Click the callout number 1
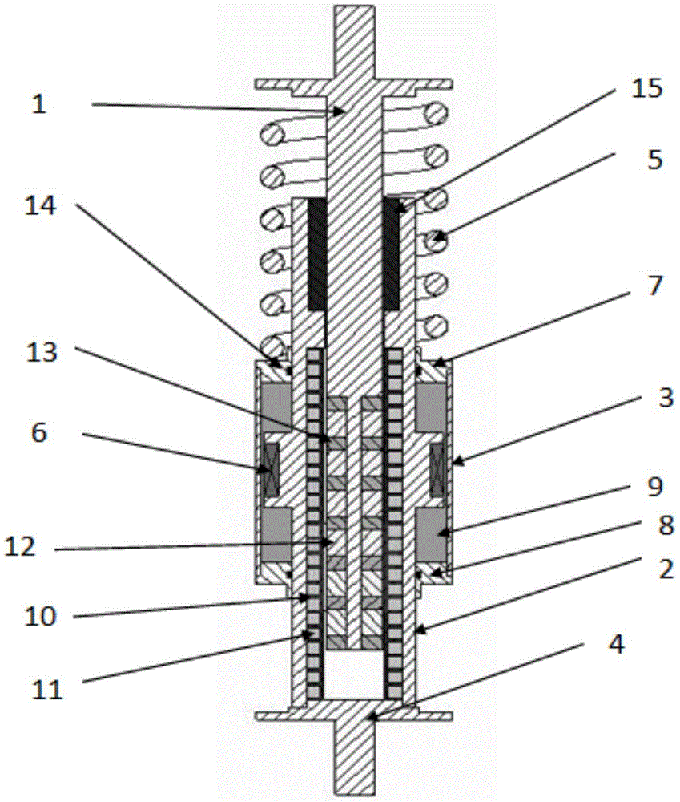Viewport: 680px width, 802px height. point(38,104)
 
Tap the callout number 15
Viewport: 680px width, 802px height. point(646,88)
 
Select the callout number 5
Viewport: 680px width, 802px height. point(654,160)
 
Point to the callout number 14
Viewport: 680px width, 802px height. point(41,207)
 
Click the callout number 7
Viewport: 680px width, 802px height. point(654,286)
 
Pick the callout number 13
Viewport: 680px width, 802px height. point(42,353)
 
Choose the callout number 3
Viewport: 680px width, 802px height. point(666,398)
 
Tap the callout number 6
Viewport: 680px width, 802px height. point(38,433)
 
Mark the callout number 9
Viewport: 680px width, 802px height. point(654,487)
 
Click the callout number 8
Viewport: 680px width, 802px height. point(666,525)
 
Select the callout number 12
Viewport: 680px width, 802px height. point(21,547)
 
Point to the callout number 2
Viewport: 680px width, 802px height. point(666,569)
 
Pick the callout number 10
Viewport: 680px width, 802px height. point(40,616)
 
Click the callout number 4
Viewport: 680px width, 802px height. point(617,645)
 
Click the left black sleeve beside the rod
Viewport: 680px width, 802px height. point(316,255)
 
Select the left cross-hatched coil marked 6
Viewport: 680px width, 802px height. point(270,470)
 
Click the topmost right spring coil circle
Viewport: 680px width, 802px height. point(437,113)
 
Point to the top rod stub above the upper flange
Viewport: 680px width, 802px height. point(354,42)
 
